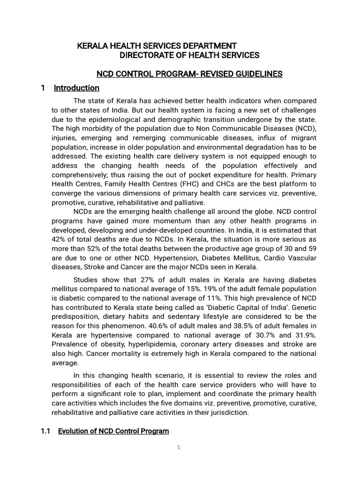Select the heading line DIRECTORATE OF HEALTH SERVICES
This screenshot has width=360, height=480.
[x=189, y=55]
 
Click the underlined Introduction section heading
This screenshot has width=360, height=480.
[x=76, y=88]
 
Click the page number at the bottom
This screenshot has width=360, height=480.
[x=179, y=447]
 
